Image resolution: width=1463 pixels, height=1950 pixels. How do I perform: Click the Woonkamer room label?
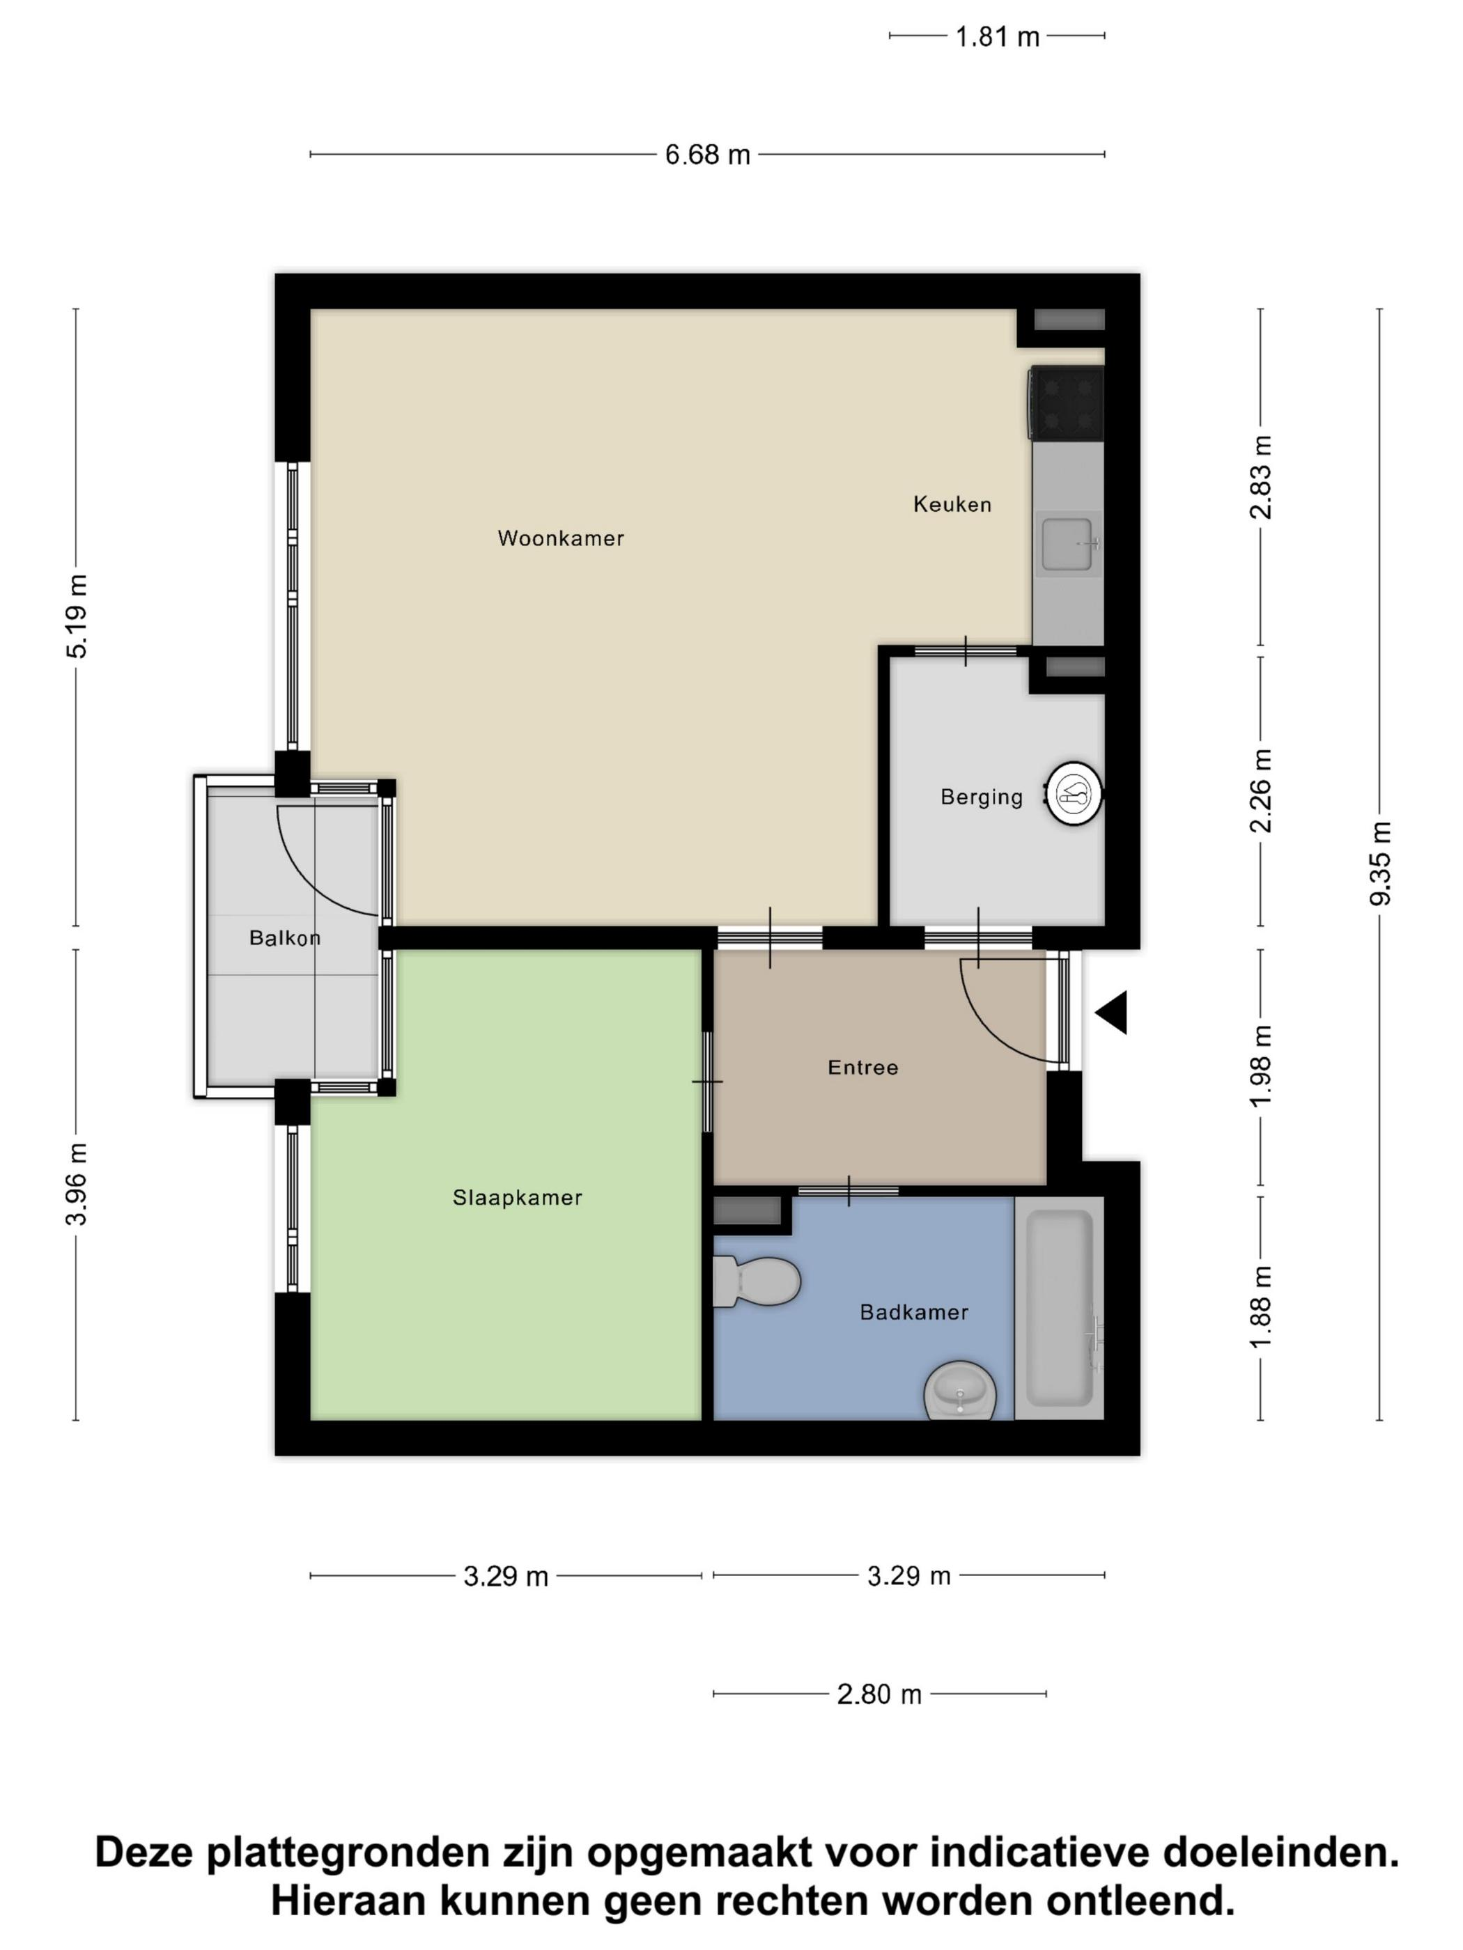(x=561, y=538)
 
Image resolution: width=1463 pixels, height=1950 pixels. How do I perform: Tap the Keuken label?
(x=952, y=504)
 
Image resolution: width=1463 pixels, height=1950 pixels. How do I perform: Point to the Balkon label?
(x=285, y=938)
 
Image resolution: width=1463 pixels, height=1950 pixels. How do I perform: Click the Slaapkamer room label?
(x=518, y=1197)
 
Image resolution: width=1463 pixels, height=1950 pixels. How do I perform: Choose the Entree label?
(x=862, y=1068)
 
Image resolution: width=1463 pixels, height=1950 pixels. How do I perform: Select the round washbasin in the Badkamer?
(x=960, y=1390)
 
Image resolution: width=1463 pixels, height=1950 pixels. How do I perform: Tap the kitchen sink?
(x=1069, y=544)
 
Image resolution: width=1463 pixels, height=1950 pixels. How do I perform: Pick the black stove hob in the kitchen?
(x=1066, y=404)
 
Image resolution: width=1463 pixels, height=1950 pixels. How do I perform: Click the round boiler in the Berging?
(x=1074, y=793)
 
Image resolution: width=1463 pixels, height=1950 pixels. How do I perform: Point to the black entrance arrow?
(x=1111, y=1013)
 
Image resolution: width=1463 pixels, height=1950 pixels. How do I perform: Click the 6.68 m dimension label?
(x=707, y=155)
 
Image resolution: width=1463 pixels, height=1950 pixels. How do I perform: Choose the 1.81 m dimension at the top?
(x=998, y=37)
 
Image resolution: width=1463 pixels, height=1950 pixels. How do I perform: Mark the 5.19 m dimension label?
(x=77, y=616)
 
